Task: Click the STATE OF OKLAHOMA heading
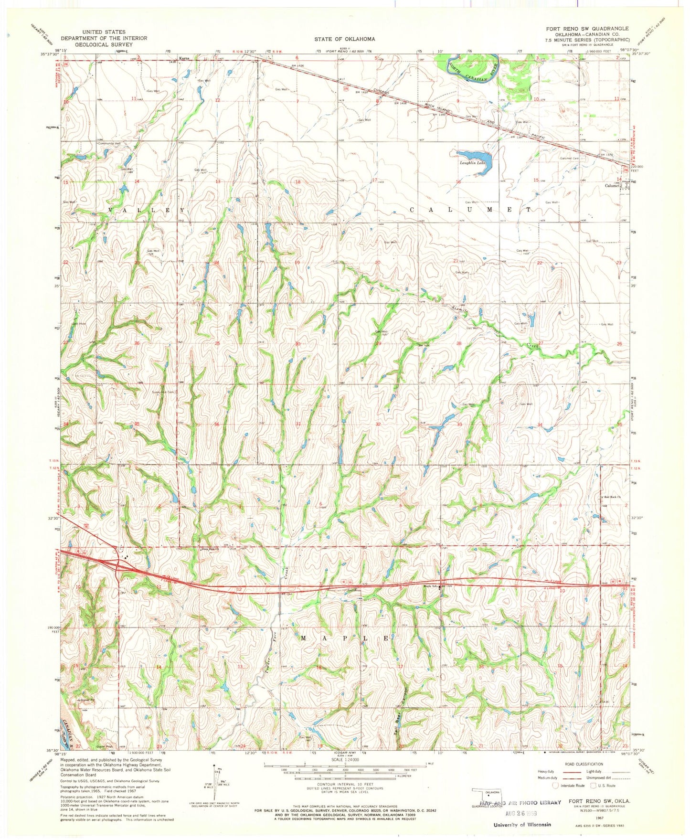[344, 39]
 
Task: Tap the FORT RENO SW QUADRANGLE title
[587, 29]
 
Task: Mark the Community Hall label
[109, 143]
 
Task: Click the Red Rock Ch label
[612, 497]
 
